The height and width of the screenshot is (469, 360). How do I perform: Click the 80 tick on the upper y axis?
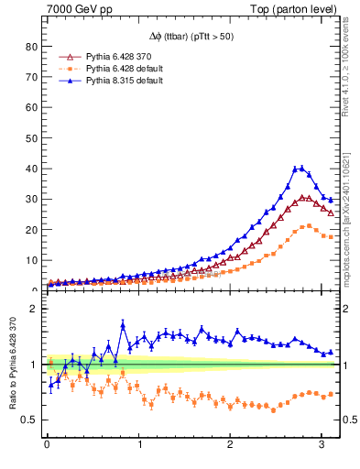(x=31, y=47)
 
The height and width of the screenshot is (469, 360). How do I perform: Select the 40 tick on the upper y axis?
(x=31, y=169)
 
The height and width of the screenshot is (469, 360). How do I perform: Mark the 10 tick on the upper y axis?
(x=31, y=260)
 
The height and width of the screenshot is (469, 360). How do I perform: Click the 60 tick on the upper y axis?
(x=31, y=108)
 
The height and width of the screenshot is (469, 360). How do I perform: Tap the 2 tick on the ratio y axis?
(x=35, y=309)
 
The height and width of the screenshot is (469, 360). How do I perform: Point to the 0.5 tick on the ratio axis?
(x=30, y=420)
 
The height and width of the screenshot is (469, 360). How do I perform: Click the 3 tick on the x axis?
(x=321, y=446)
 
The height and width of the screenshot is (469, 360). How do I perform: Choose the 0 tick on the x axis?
(x=47, y=446)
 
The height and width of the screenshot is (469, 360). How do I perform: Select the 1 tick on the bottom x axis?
(x=138, y=446)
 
